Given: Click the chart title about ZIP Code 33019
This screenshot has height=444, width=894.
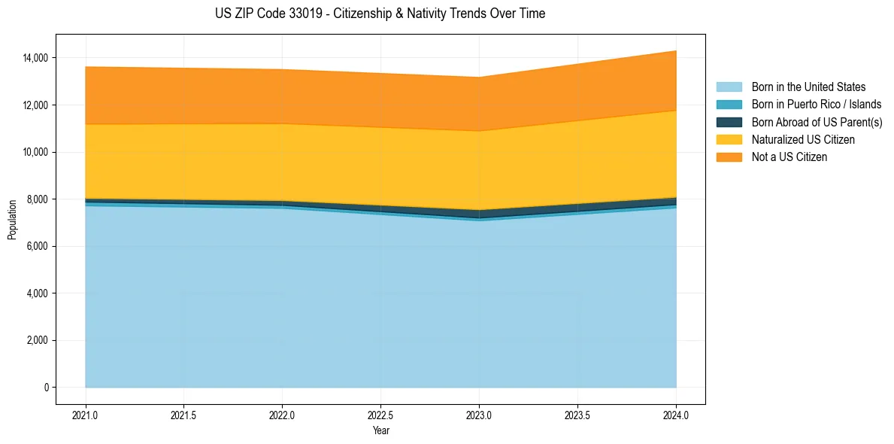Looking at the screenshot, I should [x=380, y=14].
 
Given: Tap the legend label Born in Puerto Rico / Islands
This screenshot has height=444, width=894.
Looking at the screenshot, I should [x=816, y=105].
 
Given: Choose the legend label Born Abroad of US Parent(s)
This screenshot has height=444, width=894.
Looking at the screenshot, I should [x=817, y=122].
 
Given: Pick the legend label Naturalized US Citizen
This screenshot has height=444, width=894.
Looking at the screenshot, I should [x=803, y=140].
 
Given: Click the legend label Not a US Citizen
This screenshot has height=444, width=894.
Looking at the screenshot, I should [x=789, y=157].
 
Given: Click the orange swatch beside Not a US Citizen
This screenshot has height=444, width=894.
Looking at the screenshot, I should [x=729, y=157].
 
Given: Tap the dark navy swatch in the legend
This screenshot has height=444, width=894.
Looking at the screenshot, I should [x=729, y=122].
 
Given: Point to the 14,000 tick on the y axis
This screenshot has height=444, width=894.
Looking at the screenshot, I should [x=35, y=58].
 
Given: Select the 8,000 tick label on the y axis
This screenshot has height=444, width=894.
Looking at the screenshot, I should [x=38, y=199].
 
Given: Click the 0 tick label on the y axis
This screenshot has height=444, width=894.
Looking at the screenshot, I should [x=46, y=388].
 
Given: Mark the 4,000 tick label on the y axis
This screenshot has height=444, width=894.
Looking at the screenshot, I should [x=38, y=293].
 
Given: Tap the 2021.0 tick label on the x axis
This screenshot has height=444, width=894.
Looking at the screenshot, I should [x=86, y=415].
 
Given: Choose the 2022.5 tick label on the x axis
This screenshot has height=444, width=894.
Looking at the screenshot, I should [x=380, y=415].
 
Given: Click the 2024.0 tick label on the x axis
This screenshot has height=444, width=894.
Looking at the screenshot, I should [x=676, y=415].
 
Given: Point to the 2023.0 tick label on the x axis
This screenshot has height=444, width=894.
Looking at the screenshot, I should [x=479, y=415].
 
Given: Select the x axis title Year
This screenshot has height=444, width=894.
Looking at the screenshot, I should [x=380, y=430].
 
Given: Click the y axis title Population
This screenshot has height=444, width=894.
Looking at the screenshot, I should [x=12, y=220].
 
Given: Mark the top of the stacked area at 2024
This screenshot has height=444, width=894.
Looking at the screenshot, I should [x=676, y=51].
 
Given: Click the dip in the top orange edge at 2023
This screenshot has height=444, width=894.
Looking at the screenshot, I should [x=479, y=78].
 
